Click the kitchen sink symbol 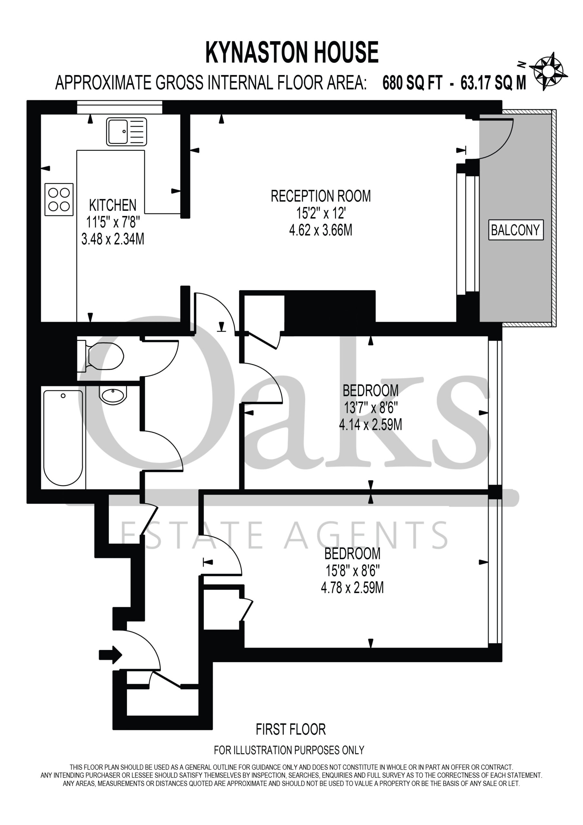click(x=127, y=131)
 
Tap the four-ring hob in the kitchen click(x=59, y=199)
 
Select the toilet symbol click(x=100, y=356)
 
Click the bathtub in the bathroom click(x=63, y=438)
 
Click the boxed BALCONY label click(x=515, y=230)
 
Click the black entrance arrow click(x=110, y=655)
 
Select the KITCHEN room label click(x=113, y=205)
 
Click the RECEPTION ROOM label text click(x=321, y=196)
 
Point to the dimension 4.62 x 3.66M click(x=321, y=230)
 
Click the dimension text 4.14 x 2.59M click(x=371, y=425)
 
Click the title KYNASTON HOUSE click(x=292, y=53)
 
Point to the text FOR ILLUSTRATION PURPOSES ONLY click(x=289, y=750)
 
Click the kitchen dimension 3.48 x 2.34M click(x=113, y=239)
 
